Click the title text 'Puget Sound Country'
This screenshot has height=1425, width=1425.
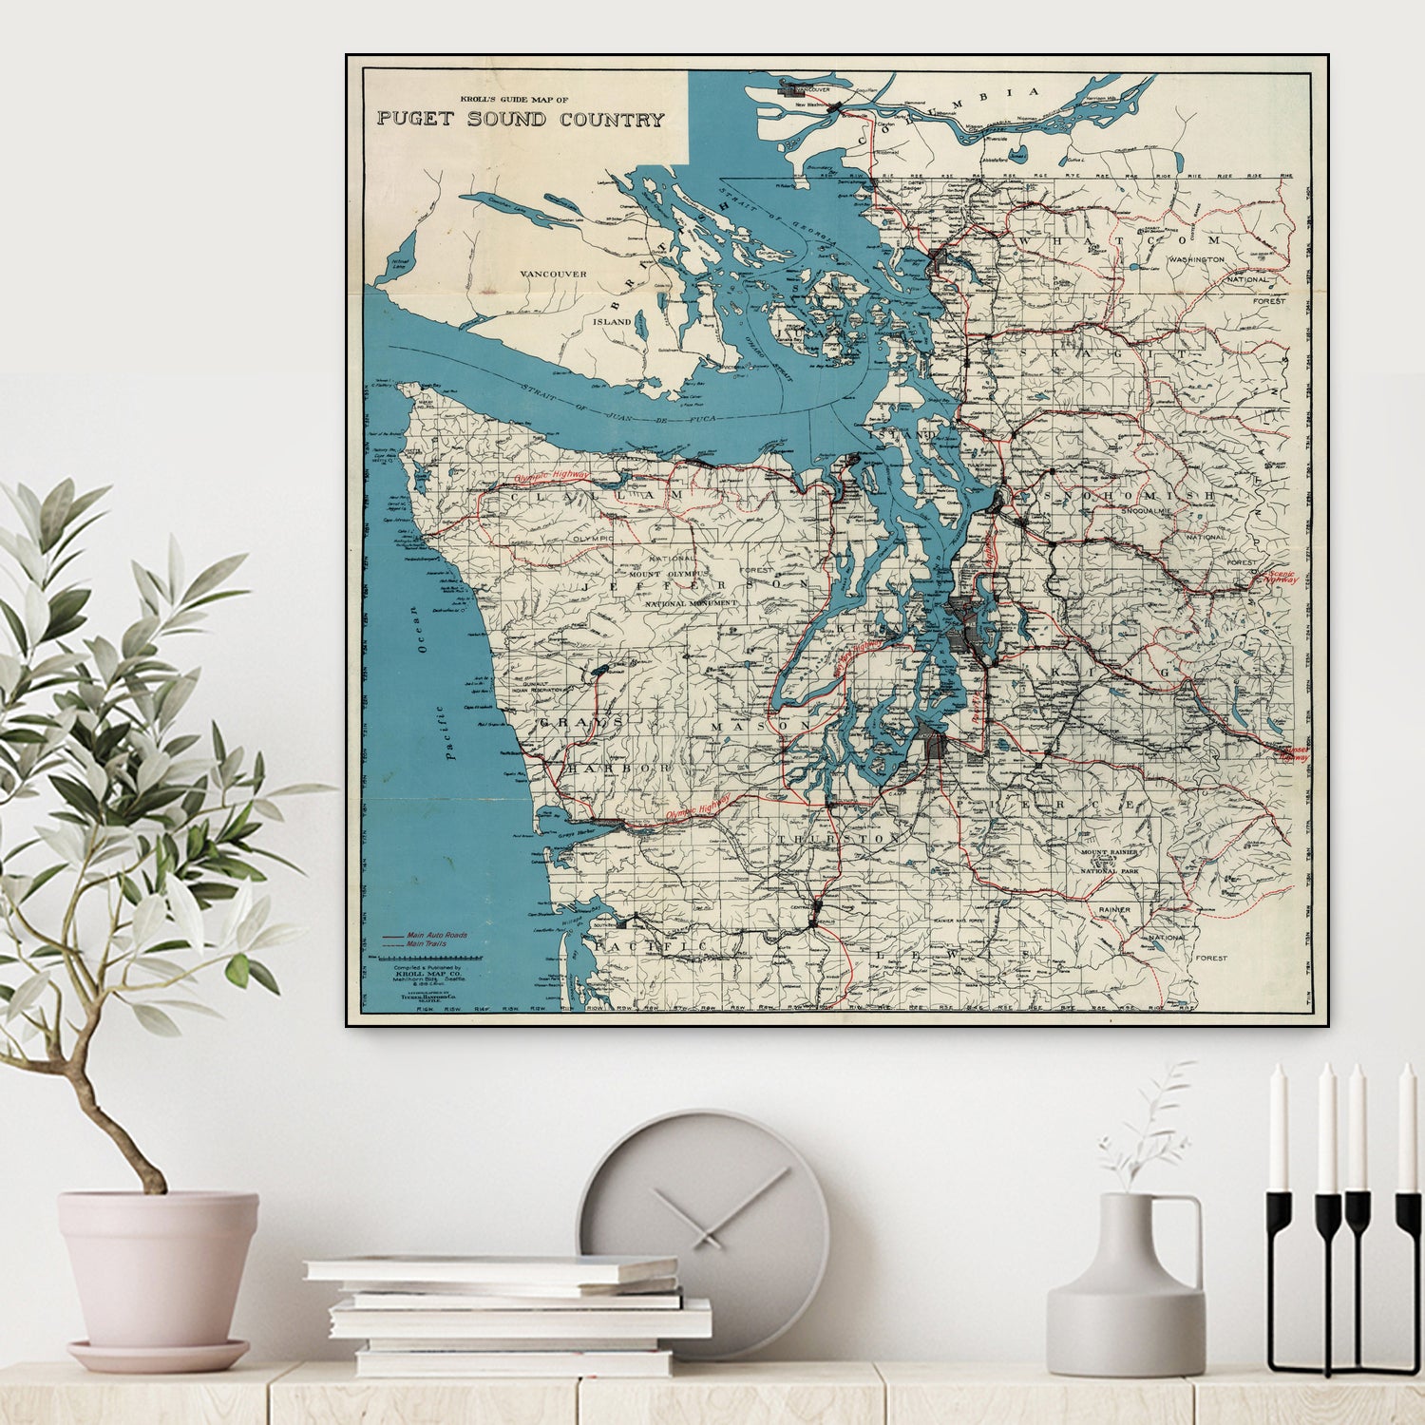[x=520, y=120]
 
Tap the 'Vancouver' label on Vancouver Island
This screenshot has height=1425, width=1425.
[x=554, y=274]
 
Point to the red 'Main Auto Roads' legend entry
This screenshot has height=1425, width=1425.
[x=436, y=936]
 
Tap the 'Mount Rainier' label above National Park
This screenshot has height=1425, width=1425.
[x=1110, y=852]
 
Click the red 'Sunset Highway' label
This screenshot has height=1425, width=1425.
[x=1295, y=753]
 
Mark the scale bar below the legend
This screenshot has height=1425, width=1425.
[x=432, y=959]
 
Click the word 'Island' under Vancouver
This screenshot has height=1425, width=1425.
[x=613, y=322]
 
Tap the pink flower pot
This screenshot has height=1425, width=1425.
[x=158, y=1268]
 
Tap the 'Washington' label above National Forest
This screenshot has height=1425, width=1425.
[x=1196, y=259]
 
